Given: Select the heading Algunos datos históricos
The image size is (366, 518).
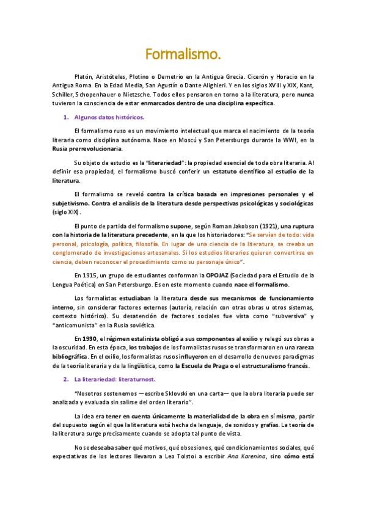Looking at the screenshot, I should point(108,115).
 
